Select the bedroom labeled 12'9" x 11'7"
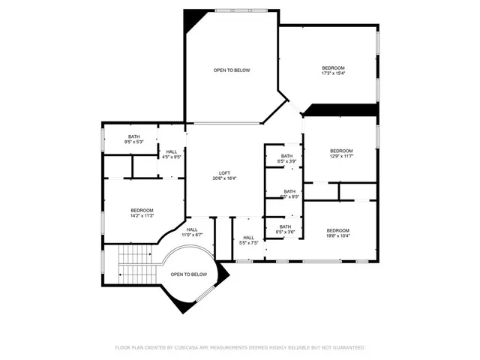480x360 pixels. [341, 153]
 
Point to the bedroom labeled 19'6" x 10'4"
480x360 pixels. [337, 233]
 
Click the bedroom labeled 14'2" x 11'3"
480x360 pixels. [142, 212]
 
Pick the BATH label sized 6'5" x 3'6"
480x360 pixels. [285, 229]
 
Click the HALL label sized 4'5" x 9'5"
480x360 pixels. [172, 154]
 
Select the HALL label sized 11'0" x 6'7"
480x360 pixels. [192, 232]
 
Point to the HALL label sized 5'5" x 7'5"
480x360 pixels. [248, 241]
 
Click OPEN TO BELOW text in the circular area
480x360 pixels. [189, 274]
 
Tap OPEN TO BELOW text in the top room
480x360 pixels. [232, 70]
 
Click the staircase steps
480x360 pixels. [136, 265]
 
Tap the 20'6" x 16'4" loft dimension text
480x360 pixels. [225, 178]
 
